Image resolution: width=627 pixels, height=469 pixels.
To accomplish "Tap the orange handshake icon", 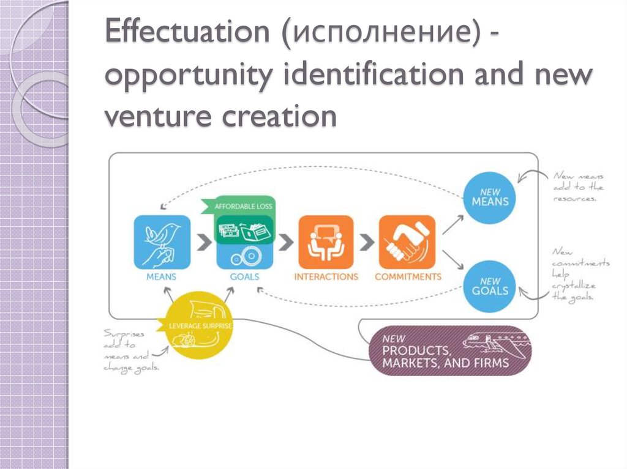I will [x=407, y=242].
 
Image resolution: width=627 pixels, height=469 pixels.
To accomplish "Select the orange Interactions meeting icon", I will [x=326, y=242].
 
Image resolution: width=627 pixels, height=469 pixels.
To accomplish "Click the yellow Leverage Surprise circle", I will [x=200, y=325].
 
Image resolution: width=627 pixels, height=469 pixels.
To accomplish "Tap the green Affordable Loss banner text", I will [x=244, y=207].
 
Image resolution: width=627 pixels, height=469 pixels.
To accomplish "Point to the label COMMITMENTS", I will [x=408, y=276].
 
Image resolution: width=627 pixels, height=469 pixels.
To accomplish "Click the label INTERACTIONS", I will [x=326, y=276].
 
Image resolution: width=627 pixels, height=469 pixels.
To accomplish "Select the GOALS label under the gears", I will [x=245, y=276].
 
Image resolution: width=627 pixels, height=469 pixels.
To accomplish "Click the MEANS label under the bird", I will [x=162, y=276].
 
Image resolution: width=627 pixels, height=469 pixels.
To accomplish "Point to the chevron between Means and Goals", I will [x=201, y=242].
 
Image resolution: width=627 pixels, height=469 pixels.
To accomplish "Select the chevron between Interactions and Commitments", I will [x=366, y=242].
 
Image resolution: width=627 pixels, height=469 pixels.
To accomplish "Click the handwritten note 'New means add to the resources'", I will [x=579, y=187].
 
